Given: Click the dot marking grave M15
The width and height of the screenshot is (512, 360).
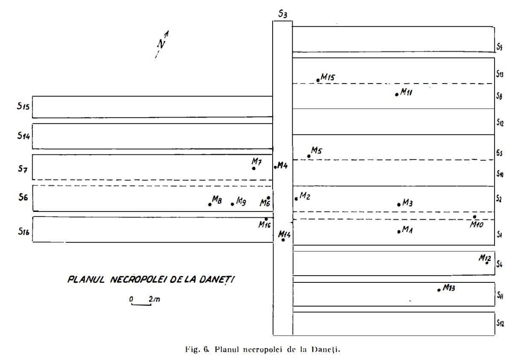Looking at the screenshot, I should click(x=318, y=80).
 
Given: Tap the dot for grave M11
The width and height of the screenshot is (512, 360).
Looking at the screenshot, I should click(x=397, y=94).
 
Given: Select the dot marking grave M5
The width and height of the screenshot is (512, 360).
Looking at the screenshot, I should click(x=309, y=156).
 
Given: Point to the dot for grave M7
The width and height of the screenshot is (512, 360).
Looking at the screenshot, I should click(x=254, y=168).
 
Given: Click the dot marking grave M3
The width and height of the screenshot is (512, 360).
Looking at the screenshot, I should click(x=399, y=205).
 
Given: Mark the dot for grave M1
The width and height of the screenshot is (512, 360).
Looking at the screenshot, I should click(x=399, y=232).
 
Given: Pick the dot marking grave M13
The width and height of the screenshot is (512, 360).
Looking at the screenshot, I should click(x=439, y=290).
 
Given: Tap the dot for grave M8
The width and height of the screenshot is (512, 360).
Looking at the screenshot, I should click(x=210, y=204).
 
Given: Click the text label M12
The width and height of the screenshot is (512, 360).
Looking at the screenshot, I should click(x=485, y=257).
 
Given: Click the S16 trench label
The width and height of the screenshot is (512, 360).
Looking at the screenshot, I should click(x=24, y=231).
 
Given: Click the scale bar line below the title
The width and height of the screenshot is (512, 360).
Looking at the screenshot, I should click(x=141, y=304).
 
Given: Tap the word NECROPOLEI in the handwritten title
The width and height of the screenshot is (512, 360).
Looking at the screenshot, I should click(x=139, y=280).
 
